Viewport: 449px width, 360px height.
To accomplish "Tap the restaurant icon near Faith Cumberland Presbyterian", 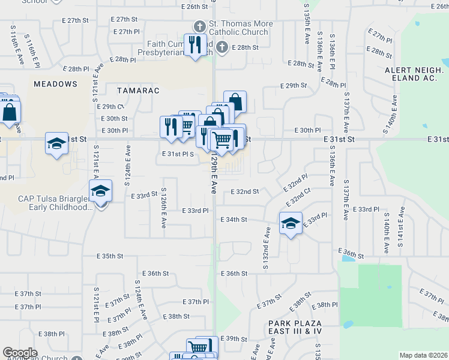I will [x=195, y=45].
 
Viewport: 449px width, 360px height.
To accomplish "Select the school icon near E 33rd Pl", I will [x=291, y=224].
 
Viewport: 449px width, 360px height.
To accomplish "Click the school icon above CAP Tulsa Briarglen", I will [x=100, y=191].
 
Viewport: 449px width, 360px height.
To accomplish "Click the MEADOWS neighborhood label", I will [x=55, y=84].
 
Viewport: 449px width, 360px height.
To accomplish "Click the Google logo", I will [x=20, y=352].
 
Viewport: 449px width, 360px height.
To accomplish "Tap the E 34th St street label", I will [x=234, y=220].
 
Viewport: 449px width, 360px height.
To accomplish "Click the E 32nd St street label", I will [x=245, y=191].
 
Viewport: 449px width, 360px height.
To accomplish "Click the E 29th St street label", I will [x=294, y=86].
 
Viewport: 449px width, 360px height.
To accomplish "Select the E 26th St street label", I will [x=193, y=7].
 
